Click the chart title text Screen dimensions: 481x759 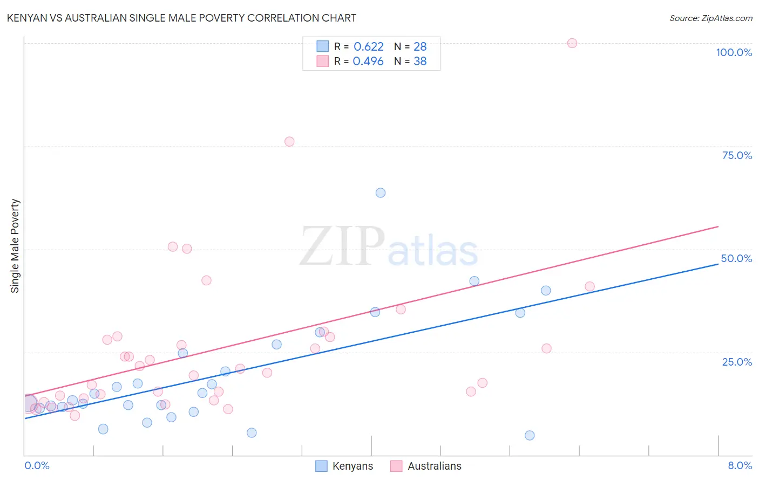[x=181, y=18]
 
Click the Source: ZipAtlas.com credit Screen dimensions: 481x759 [x=710, y=18]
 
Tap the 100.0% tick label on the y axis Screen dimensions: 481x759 [x=734, y=52]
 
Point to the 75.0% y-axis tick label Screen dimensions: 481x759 [x=737, y=155]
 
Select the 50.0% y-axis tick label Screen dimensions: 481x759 [x=736, y=258]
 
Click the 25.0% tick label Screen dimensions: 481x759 [x=737, y=361]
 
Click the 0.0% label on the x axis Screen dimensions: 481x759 [x=37, y=465]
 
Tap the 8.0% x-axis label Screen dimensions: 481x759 [x=740, y=465]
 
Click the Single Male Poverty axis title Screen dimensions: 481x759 [x=15, y=246]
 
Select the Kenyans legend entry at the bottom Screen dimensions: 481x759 [x=352, y=466]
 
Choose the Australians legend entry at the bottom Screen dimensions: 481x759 [x=434, y=466]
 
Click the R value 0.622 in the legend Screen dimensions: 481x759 [x=368, y=46]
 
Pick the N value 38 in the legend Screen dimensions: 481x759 [x=420, y=61]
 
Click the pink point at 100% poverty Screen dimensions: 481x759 [x=572, y=43]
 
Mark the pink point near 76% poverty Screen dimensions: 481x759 [x=289, y=141]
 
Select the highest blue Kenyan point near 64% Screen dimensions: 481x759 [x=381, y=193]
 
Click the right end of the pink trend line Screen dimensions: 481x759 [x=718, y=226]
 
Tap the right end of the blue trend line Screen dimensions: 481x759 [x=718, y=264]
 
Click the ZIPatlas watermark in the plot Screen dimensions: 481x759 [x=389, y=247]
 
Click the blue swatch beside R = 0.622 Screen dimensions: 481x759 [x=322, y=46]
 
